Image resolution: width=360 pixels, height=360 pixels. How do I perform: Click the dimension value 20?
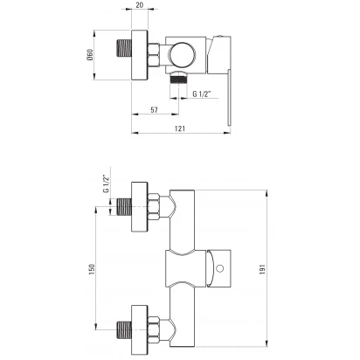tap(140, 5)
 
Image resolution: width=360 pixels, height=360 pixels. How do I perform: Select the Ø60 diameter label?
tap(90, 55)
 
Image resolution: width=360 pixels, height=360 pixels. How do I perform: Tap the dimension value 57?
tap(154, 110)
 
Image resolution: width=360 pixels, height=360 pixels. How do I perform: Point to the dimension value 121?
tap(180, 128)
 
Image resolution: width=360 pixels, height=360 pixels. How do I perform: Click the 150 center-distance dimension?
tap(92, 270)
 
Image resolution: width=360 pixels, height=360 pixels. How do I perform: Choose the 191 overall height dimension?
tap(262, 269)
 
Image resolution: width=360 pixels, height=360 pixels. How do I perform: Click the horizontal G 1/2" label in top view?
tap(202, 93)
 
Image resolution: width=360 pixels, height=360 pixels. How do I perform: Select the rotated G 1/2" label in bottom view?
tap(106, 183)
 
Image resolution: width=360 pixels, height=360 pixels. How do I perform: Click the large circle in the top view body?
tap(183, 55)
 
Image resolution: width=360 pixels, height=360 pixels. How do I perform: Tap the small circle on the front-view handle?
tap(220, 268)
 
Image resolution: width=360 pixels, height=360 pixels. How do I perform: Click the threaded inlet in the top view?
tap(124, 48)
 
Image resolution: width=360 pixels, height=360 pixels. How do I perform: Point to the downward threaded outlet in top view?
tap(178, 80)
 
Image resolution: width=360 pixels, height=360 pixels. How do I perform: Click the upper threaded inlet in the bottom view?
tap(124, 206)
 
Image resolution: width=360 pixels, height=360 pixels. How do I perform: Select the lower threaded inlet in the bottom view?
tap(124, 329)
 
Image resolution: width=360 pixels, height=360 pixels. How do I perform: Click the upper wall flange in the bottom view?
tap(140, 207)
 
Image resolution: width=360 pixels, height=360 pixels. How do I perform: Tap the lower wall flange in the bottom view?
tap(140, 329)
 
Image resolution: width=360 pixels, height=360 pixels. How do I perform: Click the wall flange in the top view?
tap(140, 55)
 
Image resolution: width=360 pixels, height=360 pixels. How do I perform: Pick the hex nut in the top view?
tap(154, 55)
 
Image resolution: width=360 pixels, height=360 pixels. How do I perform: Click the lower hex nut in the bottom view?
tap(154, 329)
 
